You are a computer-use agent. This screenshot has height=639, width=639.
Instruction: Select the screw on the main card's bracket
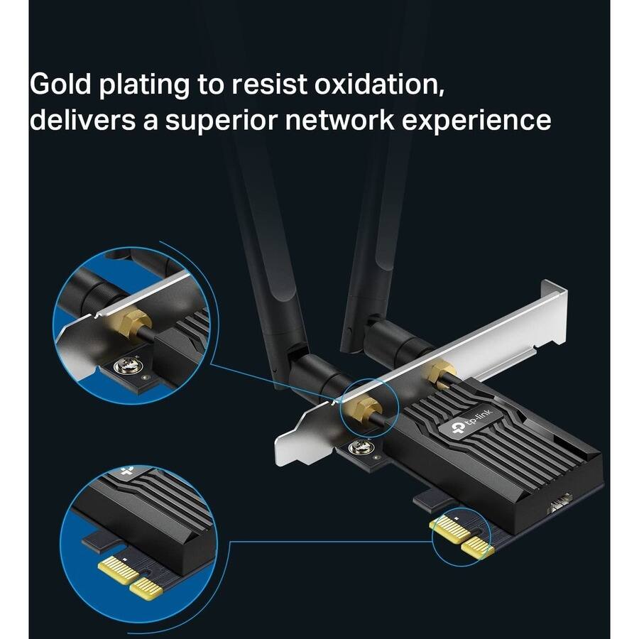click(x=359, y=448)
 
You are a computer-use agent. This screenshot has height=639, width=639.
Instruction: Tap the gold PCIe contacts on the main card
click(x=461, y=536)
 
